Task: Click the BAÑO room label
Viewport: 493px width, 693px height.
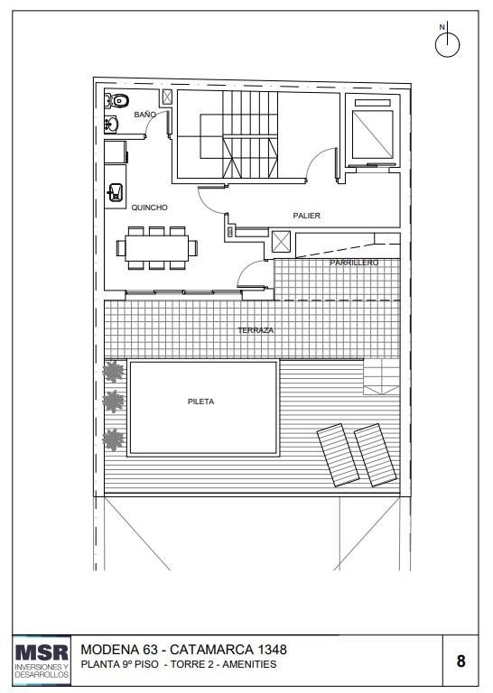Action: click(145, 115)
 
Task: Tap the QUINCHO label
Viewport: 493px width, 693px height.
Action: click(150, 208)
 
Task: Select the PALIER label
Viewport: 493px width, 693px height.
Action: click(306, 216)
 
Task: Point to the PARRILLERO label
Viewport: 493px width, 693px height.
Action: click(354, 263)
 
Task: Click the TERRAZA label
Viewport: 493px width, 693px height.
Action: click(256, 330)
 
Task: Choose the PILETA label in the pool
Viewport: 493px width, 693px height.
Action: click(200, 402)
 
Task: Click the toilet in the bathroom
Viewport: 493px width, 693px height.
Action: click(117, 101)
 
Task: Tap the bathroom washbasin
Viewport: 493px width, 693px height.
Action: click(111, 125)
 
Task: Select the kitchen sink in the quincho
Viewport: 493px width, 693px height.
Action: click(115, 193)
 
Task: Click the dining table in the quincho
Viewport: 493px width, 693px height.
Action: click(156, 248)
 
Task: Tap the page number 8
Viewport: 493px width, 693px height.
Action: click(460, 661)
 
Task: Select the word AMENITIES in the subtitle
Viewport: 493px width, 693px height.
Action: click(249, 664)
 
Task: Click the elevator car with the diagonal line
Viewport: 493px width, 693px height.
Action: click(372, 134)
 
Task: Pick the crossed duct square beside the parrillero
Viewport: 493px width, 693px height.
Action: click(281, 242)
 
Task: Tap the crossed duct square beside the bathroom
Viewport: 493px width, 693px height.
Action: click(167, 97)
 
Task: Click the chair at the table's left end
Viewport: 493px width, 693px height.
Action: click(121, 248)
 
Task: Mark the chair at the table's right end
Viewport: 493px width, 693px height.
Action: click(193, 248)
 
